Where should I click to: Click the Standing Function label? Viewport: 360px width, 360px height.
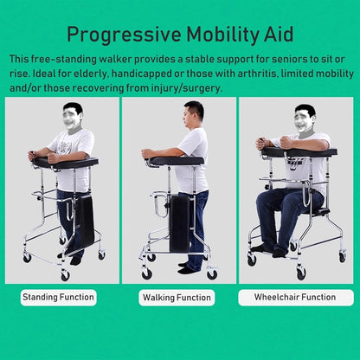tap(58, 297)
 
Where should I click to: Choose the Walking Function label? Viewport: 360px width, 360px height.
tap(177, 298)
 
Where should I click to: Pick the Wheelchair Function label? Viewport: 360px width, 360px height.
tap(295, 297)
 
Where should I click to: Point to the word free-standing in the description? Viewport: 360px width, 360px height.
tap(64, 59)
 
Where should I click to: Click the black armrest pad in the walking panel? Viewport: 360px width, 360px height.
tap(177, 160)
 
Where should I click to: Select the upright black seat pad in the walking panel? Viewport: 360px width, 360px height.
tap(179, 224)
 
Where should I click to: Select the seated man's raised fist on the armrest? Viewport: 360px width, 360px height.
tap(286, 142)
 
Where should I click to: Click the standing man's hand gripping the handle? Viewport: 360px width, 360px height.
tap(54, 157)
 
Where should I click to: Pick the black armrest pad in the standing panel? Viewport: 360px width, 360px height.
tap(66, 163)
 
